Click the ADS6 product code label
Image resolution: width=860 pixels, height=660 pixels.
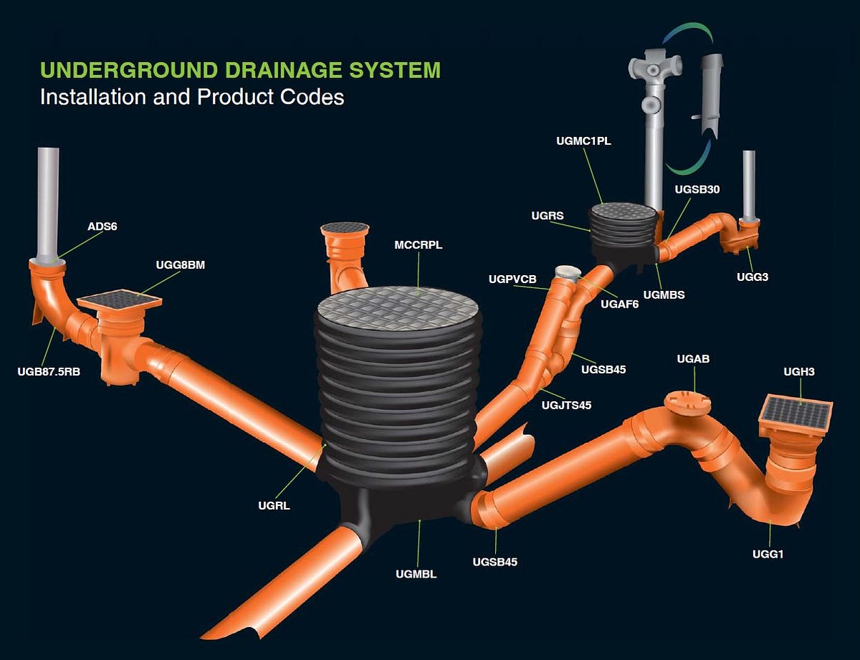[102, 226]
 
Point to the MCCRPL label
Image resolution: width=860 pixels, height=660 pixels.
[419, 245]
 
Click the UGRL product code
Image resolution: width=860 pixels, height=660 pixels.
[274, 506]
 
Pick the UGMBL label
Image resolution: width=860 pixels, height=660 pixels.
[416, 573]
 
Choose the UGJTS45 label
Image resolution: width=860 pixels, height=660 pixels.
[567, 405]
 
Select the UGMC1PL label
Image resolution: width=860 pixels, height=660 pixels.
[583, 141]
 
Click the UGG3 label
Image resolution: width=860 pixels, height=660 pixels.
[752, 276]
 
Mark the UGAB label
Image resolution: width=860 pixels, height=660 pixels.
[693, 358]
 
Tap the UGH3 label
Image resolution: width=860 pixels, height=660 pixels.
[799, 371]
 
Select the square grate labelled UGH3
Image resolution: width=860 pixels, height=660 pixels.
[795, 413]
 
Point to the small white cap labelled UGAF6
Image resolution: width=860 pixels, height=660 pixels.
[567, 272]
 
